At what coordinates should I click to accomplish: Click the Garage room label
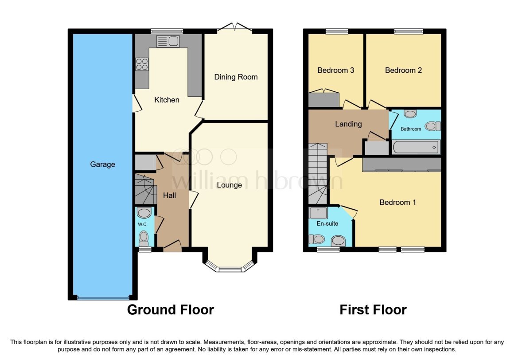102,164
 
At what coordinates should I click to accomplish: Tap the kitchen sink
167,42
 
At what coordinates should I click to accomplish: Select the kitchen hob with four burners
142,64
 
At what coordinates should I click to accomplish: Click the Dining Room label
236,77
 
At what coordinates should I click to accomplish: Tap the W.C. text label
142,224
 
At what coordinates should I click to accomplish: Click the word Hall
169,195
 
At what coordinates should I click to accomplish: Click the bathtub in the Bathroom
416,147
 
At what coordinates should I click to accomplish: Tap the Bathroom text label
411,129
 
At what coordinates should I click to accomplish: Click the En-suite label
327,223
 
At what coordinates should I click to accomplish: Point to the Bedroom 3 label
335,70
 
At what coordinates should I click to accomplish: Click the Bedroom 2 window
408,31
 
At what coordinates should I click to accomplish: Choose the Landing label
348,124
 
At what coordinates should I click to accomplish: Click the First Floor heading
373,309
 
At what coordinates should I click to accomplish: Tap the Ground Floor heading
170,309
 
